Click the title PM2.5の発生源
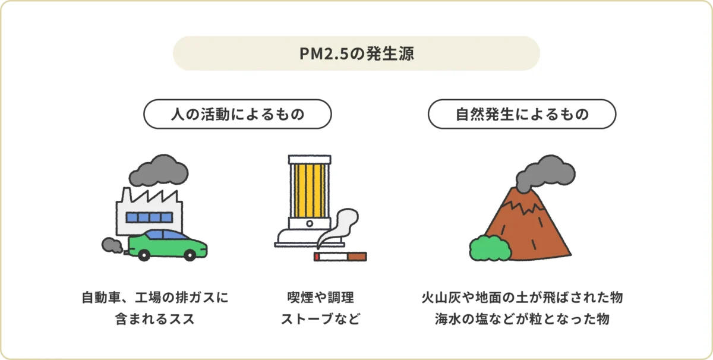click(356, 54)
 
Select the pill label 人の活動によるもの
click(237, 113)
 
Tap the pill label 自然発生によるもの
click(522, 113)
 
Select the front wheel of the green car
click(189, 254)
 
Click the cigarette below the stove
click(340, 257)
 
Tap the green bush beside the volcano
click(490, 248)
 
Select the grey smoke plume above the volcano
click(544, 172)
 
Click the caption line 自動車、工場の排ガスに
click(155, 297)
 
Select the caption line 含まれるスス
click(155, 319)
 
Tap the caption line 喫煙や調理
click(320, 297)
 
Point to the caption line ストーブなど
click(320, 319)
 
